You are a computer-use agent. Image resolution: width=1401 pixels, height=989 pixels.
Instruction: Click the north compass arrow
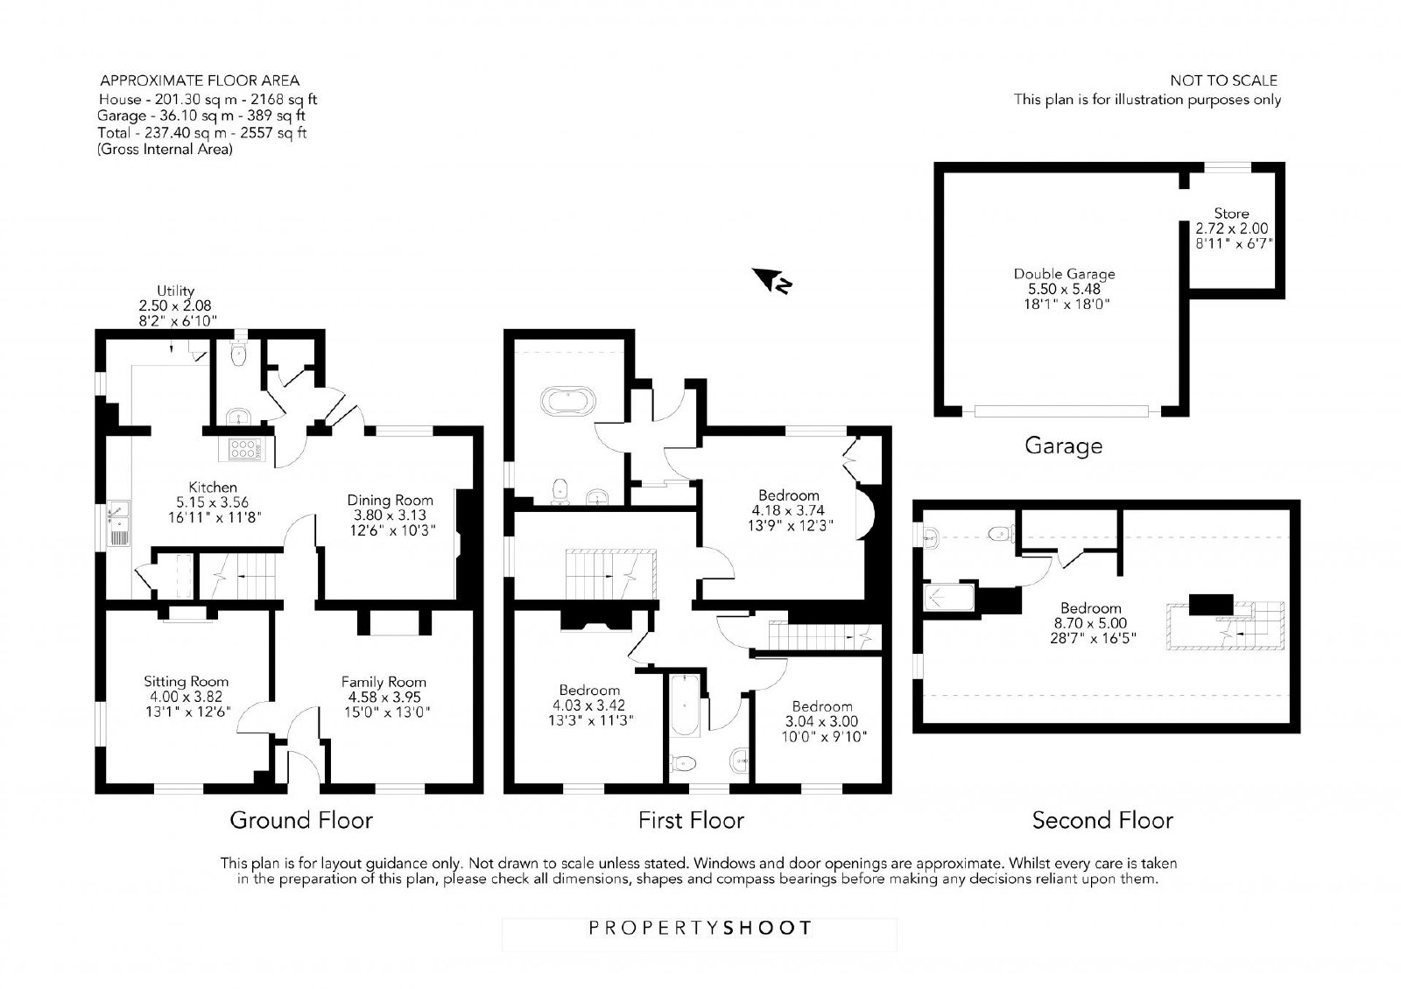(x=771, y=280)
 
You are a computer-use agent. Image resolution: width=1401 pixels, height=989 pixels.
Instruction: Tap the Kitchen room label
(x=214, y=487)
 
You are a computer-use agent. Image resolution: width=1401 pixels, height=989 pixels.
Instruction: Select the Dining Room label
(x=391, y=500)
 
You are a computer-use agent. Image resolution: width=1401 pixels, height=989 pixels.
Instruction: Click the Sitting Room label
(x=186, y=682)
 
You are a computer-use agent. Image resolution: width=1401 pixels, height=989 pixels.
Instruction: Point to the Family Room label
(x=384, y=682)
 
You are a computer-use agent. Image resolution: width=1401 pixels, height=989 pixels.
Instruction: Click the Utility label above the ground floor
(x=175, y=291)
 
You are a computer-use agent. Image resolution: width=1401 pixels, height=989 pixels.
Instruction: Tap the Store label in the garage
(x=1231, y=214)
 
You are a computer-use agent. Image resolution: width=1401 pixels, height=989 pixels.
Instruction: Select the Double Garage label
(x=1064, y=274)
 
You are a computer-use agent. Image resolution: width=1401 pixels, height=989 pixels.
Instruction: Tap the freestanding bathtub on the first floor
(x=568, y=401)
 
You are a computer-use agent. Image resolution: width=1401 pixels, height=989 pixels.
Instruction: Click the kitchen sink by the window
(x=119, y=523)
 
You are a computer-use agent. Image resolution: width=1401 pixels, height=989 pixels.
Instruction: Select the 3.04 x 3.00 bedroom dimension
(x=822, y=721)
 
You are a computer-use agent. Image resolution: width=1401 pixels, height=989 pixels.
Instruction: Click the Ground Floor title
(x=301, y=819)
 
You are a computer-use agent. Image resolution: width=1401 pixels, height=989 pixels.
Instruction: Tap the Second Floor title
(x=1102, y=819)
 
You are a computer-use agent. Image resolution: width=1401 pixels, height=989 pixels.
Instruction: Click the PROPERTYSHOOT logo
(x=700, y=928)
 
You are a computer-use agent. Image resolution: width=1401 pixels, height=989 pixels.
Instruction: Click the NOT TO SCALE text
(x=1223, y=81)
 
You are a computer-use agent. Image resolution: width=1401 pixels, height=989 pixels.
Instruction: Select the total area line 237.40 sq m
(x=202, y=132)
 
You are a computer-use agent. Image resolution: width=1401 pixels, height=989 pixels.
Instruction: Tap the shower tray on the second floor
(x=949, y=597)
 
